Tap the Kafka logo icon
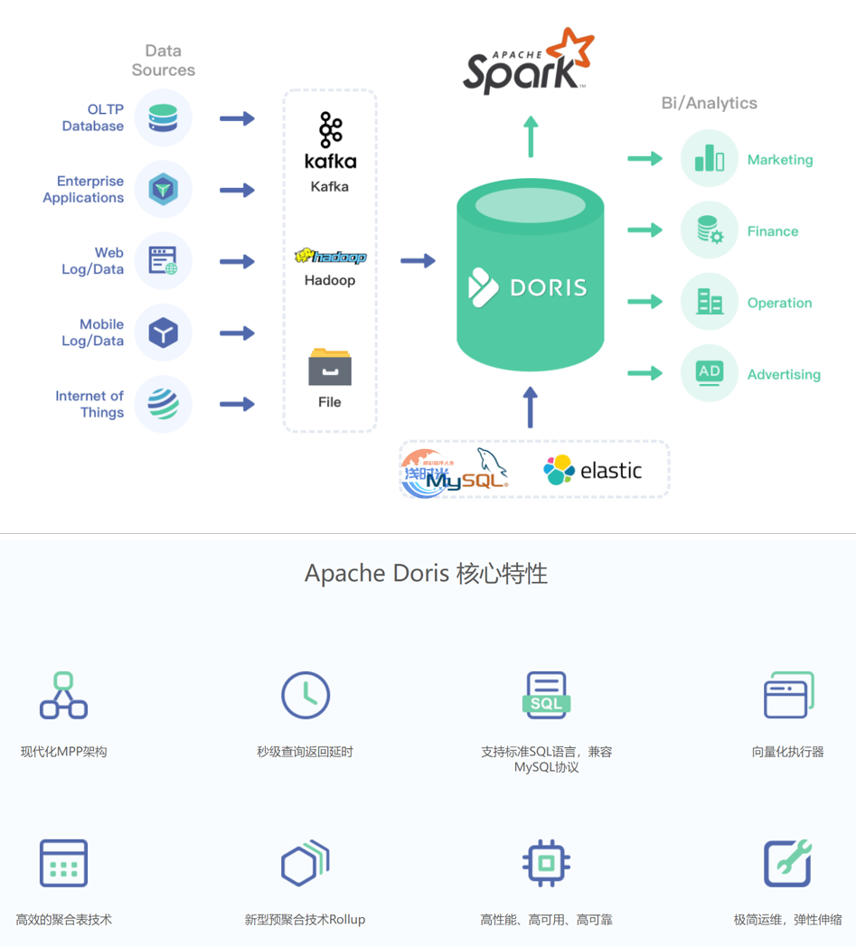[x=330, y=130]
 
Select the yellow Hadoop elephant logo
[x=330, y=257]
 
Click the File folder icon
[x=330, y=366]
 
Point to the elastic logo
[x=592, y=470]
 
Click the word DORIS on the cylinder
[x=549, y=287]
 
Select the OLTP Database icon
[x=164, y=117]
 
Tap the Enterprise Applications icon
[x=164, y=190]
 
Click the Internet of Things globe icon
[x=164, y=404]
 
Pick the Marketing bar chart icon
[x=710, y=159]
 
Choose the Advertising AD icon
[x=710, y=372]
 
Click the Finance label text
[x=773, y=231]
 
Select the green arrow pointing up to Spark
[x=531, y=136]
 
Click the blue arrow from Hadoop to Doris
[x=418, y=261]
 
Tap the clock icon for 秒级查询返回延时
[x=306, y=695]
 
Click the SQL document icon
[x=547, y=696]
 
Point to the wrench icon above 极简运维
[x=787, y=863]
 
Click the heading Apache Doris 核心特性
[x=426, y=574]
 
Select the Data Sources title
[x=164, y=61]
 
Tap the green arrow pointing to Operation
[x=645, y=302]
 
